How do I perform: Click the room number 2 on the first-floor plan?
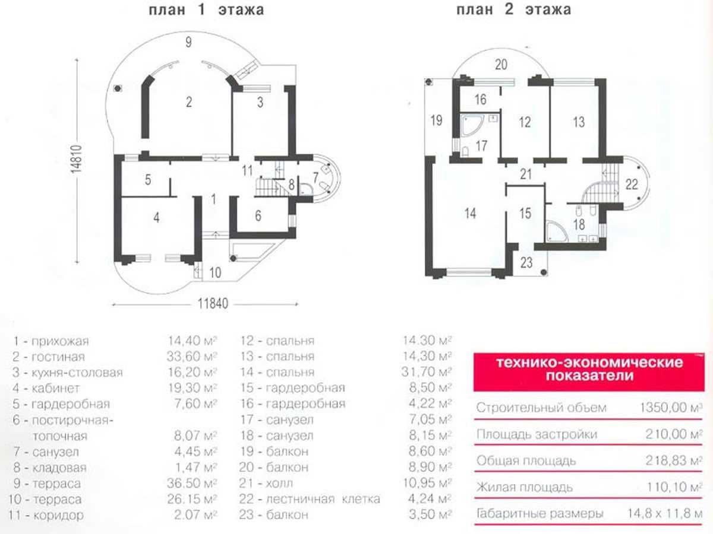(x=188, y=102)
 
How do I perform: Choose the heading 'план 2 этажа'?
(x=513, y=10)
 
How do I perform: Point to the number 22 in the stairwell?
(x=632, y=183)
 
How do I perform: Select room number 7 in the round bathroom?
(x=316, y=177)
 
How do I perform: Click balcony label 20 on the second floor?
(x=501, y=66)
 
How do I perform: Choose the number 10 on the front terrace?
(x=215, y=273)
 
